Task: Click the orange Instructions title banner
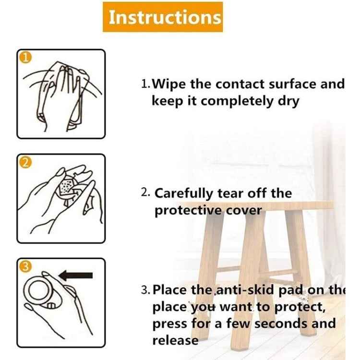pos(163,17)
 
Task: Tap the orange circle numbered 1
pos(25,58)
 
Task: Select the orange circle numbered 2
pos(25,162)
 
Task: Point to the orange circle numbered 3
pos(25,266)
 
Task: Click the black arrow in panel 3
pos(76,276)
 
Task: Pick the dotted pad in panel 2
pos(67,188)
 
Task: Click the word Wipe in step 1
pos(169,84)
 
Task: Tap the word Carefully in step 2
pos(184,193)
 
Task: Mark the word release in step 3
pos(175,340)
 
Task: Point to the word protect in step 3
pos(300,307)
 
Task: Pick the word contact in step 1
pos(240,84)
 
